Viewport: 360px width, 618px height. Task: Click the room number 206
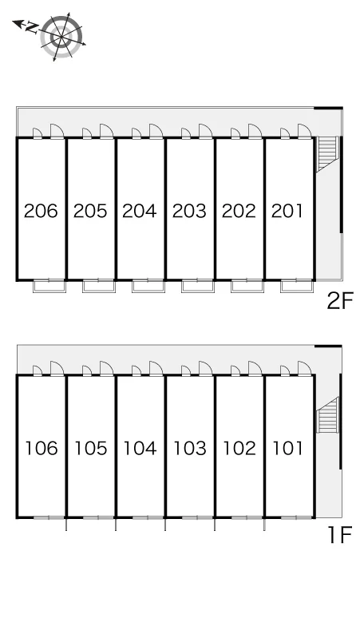[x=41, y=211]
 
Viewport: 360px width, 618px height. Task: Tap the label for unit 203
[x=189, y=211]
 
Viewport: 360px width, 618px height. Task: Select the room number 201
[x=287, y=211]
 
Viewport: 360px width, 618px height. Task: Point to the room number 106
[x=42, y=448]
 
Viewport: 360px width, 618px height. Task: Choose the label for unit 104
[x=140, y=448]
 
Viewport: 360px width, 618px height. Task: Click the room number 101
[x=288, y=448]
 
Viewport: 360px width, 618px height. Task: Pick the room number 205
[x=90, y=211]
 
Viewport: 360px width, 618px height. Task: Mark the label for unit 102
[x=239, y=448]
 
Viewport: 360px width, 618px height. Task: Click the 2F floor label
[x=340, y=301]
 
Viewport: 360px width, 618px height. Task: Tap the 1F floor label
[x=340, y=535]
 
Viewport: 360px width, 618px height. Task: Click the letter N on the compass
[x=32, y=27]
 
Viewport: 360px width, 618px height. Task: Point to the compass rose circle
[x=61, y=37]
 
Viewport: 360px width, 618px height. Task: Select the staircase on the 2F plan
[x=328, y=154]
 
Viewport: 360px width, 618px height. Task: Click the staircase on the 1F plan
[x=328, y=415]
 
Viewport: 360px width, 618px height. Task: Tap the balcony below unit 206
[x=49, y=286]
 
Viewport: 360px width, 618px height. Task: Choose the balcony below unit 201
[x=297, y=286]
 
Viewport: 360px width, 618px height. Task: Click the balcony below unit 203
[x=198, y=286]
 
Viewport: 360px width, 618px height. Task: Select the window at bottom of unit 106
[x=49, y=517]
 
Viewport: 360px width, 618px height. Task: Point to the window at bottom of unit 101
[x=296, y=517]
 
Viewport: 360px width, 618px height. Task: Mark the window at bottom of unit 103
[x=197, y=517]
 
